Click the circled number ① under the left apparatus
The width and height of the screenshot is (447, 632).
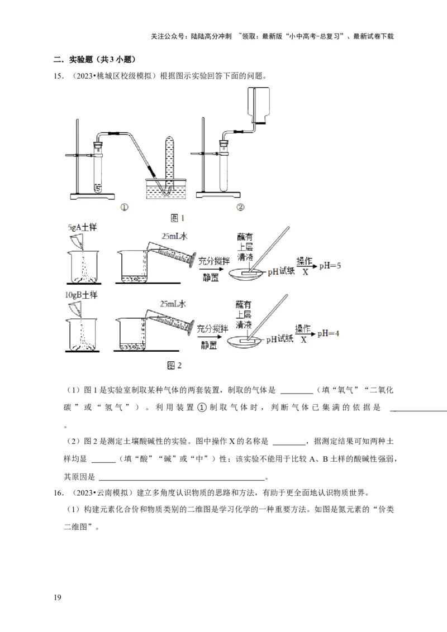point(123,207)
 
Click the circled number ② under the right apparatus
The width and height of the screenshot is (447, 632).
point(241,207)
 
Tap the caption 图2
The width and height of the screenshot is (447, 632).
point(175,366)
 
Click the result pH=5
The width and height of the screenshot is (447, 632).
point(330,266)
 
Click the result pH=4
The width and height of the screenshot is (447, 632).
point(330,333)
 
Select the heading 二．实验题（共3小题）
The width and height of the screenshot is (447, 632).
point(94,60)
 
